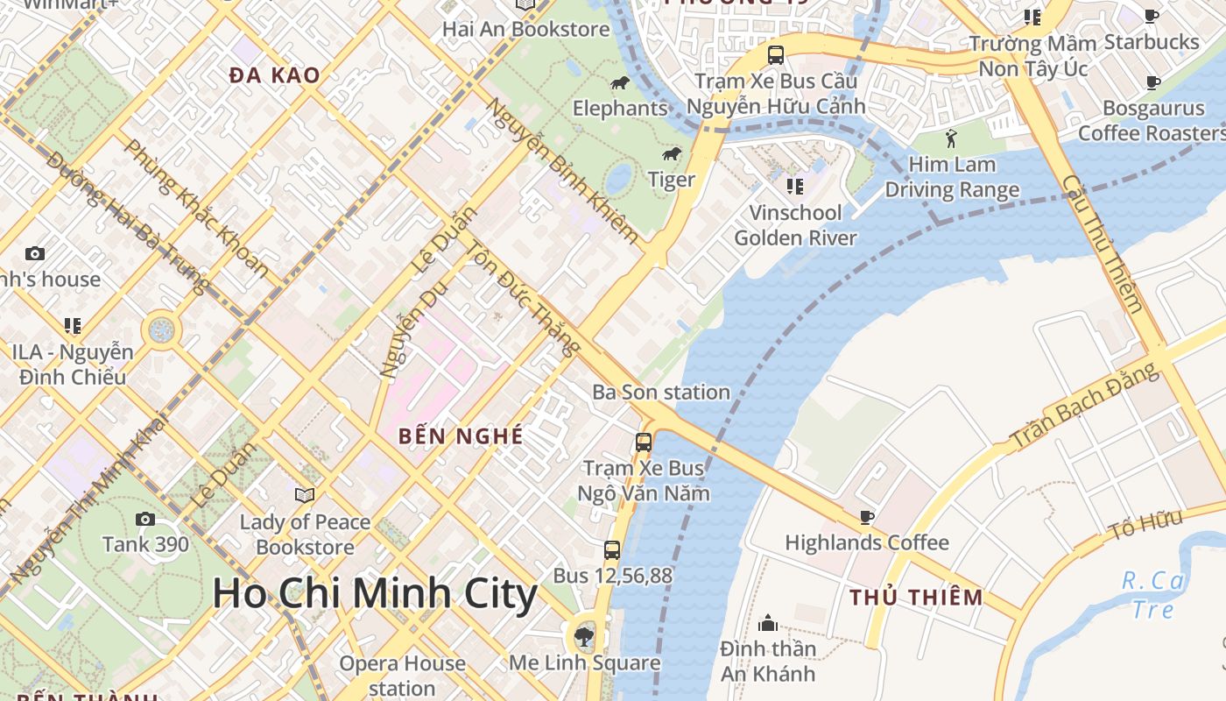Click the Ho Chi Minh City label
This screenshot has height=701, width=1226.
click(x=375, y=594)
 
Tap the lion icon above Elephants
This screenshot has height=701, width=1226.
click(x=620, y=83)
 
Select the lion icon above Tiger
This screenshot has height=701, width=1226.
click(x=672, y=155)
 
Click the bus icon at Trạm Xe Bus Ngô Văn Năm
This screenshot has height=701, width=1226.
click(x=644, y=443)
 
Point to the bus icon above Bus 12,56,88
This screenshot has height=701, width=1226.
click(x=612, y=550)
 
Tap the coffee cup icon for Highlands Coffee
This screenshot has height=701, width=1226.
click(x=866, y=517)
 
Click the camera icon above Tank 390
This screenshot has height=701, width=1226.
click(x=145, y=520)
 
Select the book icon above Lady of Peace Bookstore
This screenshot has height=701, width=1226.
click(x=305, y=496)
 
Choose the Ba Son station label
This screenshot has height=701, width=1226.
click(x=661, y=392)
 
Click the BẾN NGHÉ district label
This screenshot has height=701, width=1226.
click(x=461, y=435)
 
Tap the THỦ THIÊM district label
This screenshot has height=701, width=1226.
click(x=916, y=598)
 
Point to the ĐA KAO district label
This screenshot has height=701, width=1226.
click(x=274, y=75)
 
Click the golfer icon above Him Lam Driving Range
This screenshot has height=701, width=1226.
click(x=952, y=138)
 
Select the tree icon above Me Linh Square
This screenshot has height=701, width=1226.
click(x=584, y=637)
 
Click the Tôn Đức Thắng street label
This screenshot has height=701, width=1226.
click(x=522, y=298)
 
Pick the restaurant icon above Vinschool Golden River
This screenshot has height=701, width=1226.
click(x=795, y=186)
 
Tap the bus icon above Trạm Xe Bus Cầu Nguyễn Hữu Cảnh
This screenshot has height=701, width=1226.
click(x=775, y=55)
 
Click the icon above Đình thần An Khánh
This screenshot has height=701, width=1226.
click(x=768, y=623)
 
